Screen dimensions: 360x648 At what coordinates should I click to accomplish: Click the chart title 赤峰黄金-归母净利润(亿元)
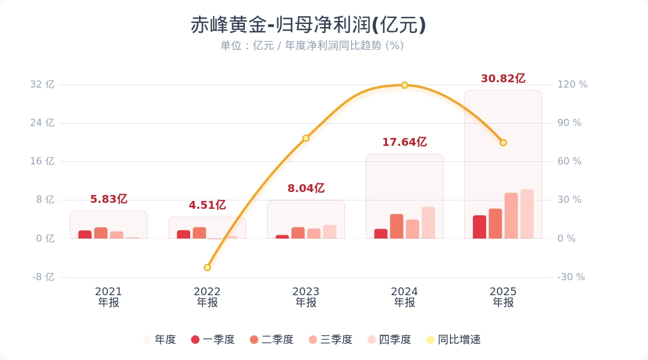308,26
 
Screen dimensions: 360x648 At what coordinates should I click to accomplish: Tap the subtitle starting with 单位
312,46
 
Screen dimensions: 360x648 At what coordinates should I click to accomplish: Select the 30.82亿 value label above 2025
503,79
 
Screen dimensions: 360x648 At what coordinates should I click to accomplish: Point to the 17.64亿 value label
404,142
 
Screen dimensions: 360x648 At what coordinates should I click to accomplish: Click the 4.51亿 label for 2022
207,205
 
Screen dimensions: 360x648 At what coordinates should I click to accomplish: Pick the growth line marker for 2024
404,85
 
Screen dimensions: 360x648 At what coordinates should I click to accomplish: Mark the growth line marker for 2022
207,268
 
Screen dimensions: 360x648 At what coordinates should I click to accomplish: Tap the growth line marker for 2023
306,138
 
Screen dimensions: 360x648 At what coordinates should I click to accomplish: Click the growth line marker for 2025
503,143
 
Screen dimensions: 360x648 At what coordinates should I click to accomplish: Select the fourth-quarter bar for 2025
527,214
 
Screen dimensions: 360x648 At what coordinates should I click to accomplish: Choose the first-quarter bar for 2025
479,227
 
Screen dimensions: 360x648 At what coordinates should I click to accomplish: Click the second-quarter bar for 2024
397,226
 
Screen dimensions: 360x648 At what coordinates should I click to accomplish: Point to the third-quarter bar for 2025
511,216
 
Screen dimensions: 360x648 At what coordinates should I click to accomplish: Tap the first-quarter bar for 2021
85,235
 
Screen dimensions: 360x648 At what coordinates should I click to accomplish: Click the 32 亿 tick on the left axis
42,85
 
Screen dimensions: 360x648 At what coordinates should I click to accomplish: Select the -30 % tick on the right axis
571,277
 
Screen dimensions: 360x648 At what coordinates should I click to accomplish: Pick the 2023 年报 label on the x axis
306,297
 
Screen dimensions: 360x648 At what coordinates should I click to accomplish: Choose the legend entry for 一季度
212,340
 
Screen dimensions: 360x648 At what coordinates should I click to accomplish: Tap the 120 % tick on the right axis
572,85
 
